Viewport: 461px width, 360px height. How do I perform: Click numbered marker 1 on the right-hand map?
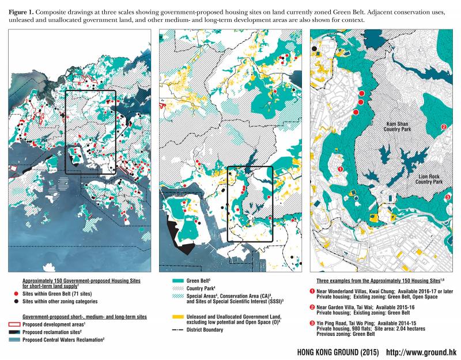(x=341, y=169)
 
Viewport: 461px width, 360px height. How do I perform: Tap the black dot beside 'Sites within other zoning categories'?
(x=27, y=301)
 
